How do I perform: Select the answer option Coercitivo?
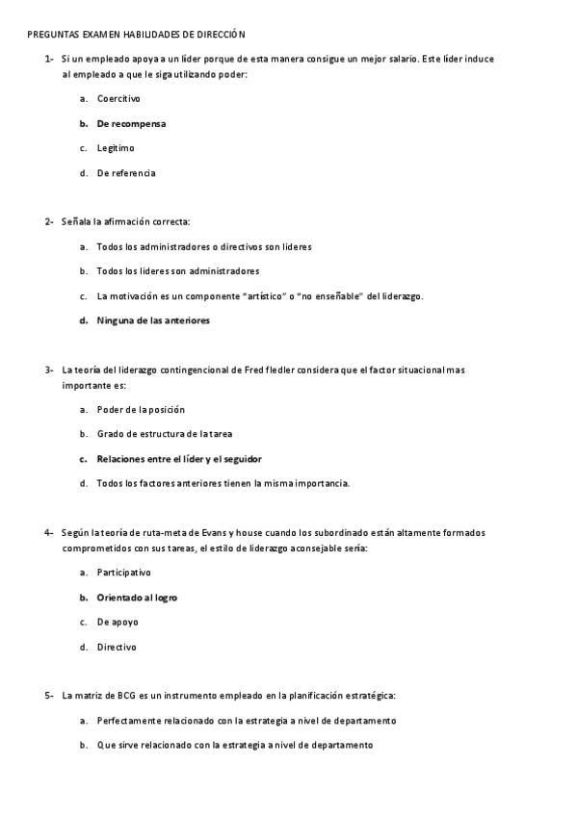click(118, 98)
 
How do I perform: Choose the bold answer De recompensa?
click(131, 123)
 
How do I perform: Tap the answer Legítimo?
click(116, 148)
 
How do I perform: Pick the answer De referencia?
click(126, 173)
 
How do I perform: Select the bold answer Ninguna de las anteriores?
click(153, 320)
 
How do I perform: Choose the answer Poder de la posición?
click(141, 409)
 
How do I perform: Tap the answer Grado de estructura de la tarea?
click(164, 434)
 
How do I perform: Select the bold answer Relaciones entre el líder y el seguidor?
click(179, 459)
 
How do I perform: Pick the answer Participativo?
click(123, 573)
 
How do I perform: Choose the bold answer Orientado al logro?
click(137, 598)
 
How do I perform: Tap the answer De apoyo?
click(118, 623)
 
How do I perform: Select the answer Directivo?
click(117, 648)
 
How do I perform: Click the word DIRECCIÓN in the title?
click(223, 34)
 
